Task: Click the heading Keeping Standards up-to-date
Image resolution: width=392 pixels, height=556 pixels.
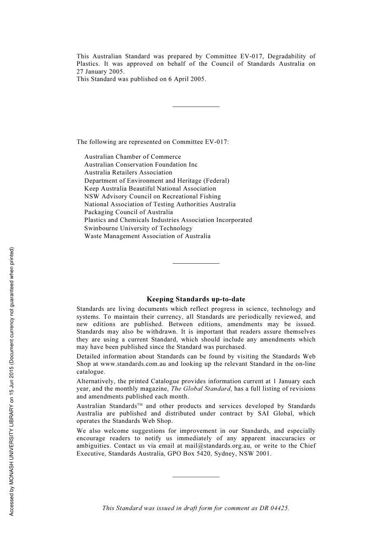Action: [196, 299]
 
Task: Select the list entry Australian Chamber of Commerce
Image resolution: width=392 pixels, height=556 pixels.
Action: [132, 157]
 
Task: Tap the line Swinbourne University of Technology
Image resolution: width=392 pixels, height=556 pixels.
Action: [138, 228]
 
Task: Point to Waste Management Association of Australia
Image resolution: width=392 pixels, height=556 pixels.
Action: [147, 236]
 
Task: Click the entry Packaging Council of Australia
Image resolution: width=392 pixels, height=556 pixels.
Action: [129, 212]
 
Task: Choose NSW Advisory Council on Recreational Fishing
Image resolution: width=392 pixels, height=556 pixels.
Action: [152, 196]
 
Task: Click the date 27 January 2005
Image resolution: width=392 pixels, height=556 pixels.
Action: [100, 72]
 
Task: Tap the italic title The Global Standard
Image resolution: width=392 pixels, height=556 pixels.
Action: [201, 389]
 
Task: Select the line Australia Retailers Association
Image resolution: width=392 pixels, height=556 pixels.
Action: [128, 172]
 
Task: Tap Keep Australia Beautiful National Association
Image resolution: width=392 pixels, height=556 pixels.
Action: [150, 189]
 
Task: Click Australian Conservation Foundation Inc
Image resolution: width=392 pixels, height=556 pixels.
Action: [141, 165]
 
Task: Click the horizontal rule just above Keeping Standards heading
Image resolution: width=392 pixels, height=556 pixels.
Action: [196, 263]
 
